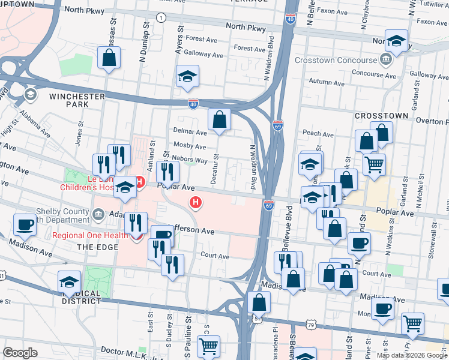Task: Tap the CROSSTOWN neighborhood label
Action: tap(381, 115)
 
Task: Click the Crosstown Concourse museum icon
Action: tap(385, 59)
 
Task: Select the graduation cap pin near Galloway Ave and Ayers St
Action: tap(187, 76)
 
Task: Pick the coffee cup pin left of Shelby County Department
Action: tap(25, 224)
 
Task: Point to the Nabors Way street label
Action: tap(190, 160)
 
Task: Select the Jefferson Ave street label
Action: tap(191, 231)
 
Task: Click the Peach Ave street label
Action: tap(318, 134)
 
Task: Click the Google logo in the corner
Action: tap(20, 353)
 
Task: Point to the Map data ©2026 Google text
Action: tap(412, 355)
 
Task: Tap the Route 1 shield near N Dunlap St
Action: tap(161, 18)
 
